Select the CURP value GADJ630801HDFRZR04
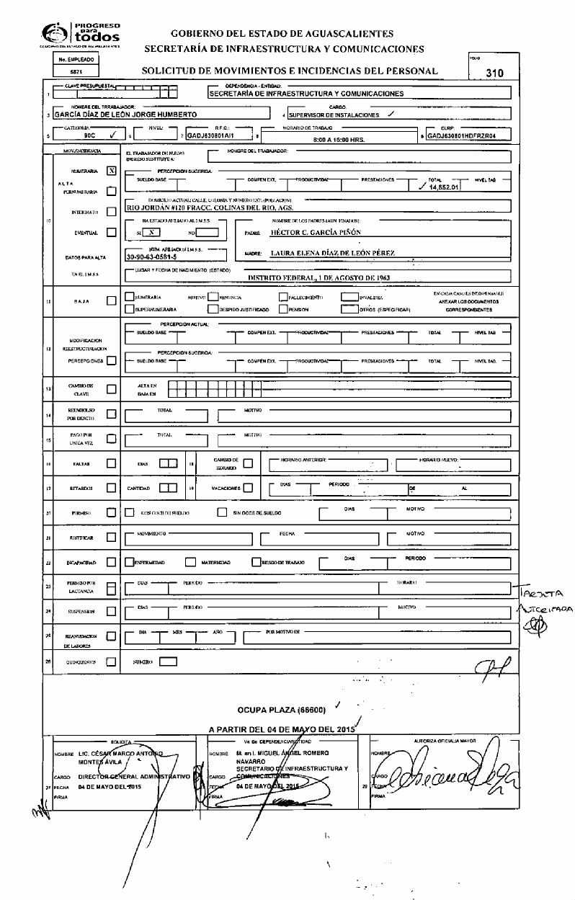click(467, 135)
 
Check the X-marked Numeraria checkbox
click(110, 171)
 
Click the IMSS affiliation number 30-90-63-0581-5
click(161, 256)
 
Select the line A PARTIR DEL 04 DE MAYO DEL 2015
click(282, 729)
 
